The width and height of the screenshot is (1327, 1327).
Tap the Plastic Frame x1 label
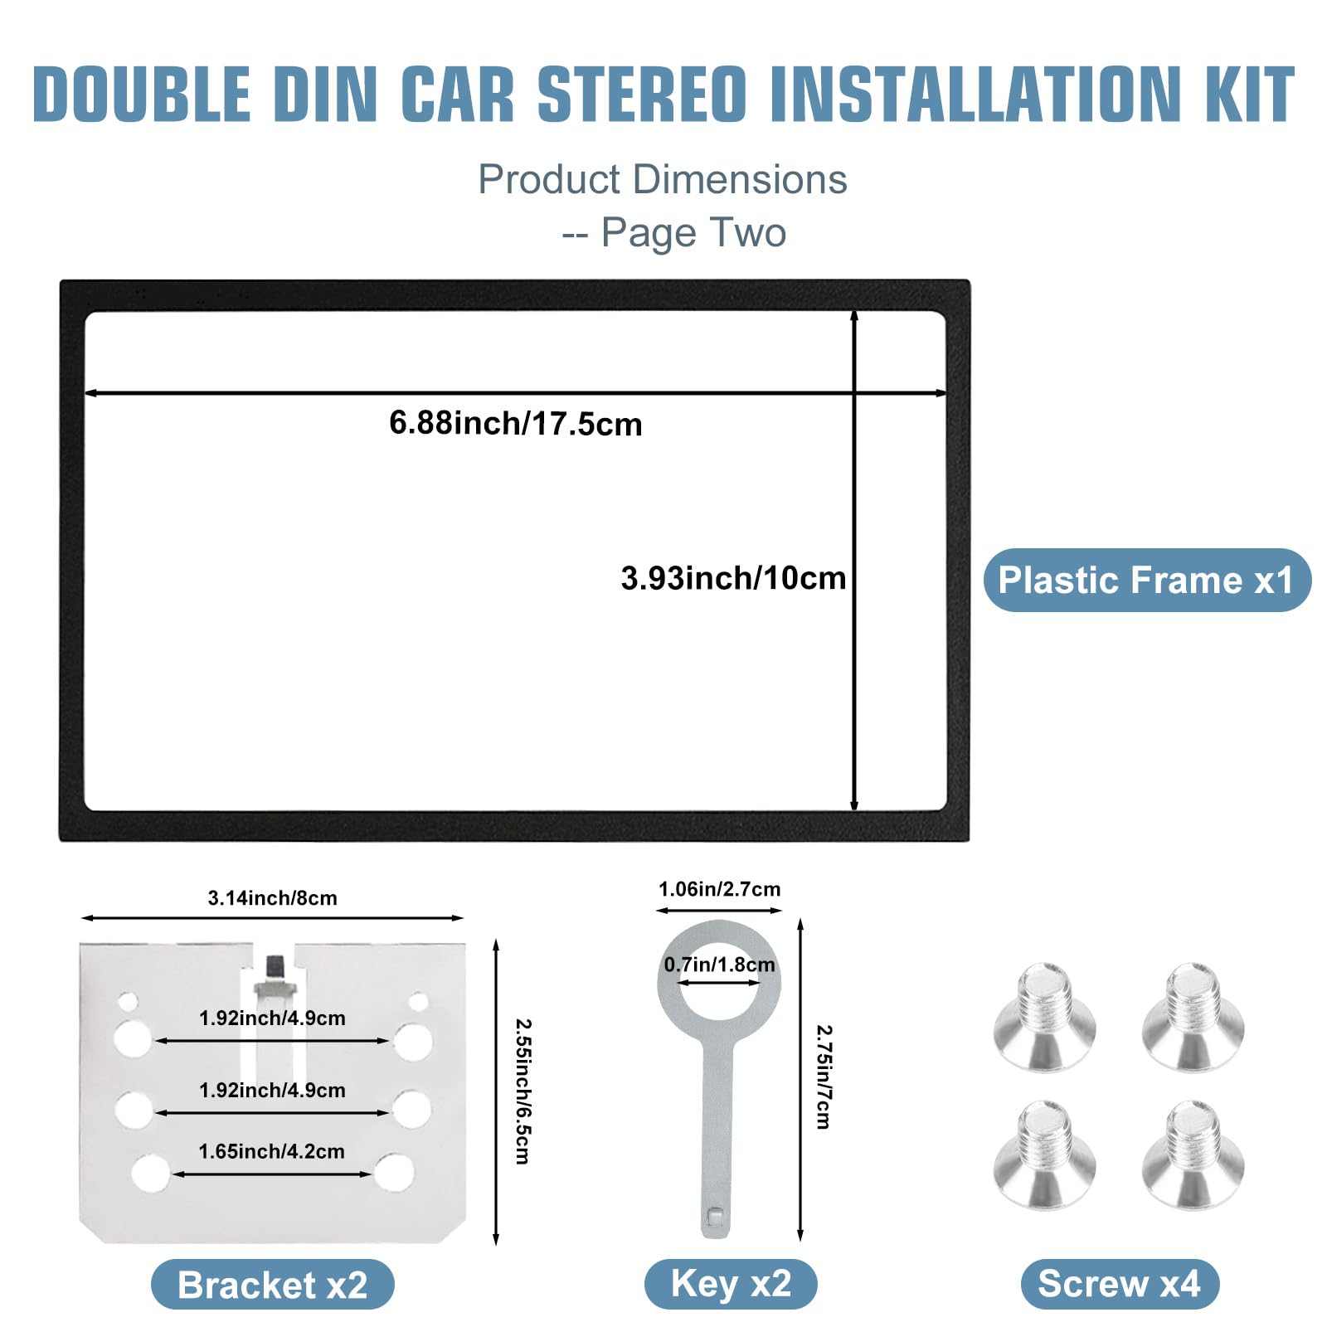1146,580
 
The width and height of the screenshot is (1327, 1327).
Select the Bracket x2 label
272,1285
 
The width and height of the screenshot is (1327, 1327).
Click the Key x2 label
731,1283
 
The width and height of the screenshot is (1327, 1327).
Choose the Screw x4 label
1119,1284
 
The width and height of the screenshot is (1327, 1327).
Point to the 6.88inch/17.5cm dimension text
515,423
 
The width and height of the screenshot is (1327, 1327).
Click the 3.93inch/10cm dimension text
733,578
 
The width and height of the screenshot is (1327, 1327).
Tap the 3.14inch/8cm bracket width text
272,897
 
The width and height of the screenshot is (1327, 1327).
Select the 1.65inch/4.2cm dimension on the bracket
271,1151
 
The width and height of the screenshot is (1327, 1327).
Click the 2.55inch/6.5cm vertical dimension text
523,1091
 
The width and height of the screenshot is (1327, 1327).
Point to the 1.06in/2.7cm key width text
719,889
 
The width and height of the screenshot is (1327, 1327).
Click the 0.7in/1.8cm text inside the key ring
719,965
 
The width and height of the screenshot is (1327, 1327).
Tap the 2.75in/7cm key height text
823,1077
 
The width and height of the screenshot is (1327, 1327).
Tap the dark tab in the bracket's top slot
274,966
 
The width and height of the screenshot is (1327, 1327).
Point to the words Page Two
693,232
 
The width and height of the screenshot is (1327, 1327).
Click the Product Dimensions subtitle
662,179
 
